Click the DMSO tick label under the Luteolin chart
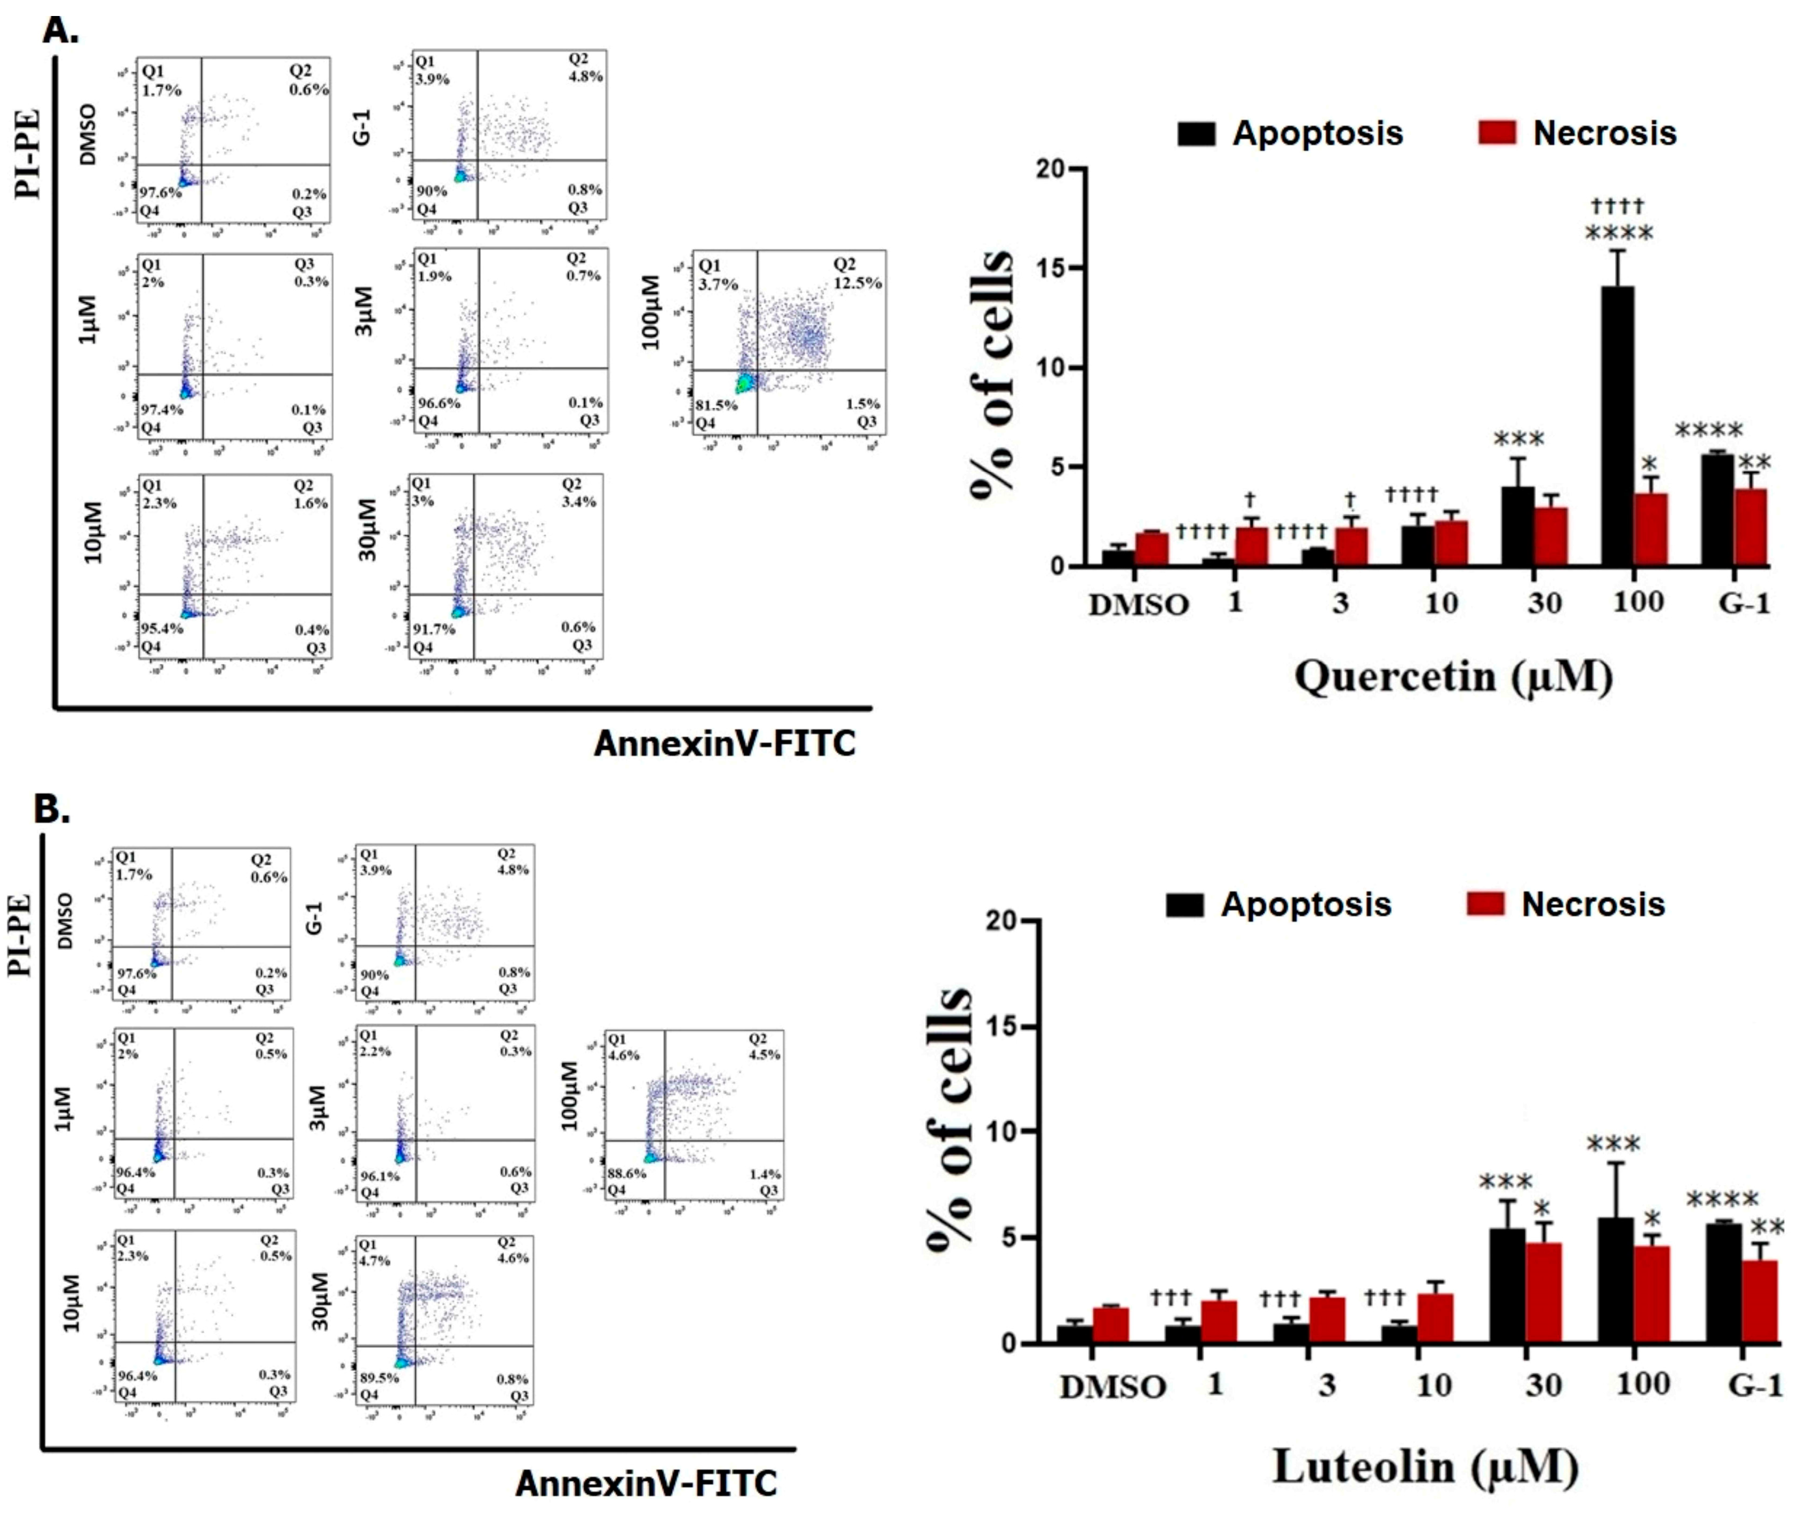(x=1112, y=1387)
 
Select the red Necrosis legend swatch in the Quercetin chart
(x=1497, y=133)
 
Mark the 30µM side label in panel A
(x=368, y=530)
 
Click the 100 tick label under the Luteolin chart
(x=1642, y=1384)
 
